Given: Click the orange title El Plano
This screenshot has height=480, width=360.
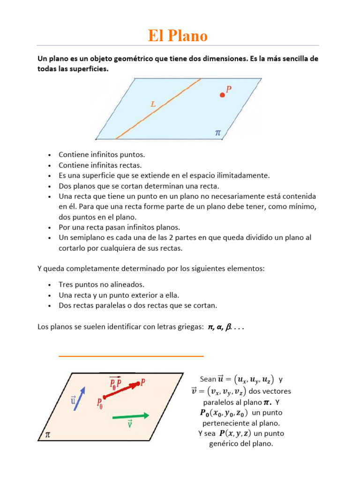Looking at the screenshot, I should (x=178, y=36).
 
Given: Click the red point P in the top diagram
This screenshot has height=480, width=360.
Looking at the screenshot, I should (x=222, y=95).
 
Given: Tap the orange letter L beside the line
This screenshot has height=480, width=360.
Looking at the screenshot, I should (x=153, y=105).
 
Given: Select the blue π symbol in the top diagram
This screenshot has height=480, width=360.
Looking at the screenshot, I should (x=217, y=133).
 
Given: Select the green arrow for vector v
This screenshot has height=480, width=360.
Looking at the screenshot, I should (x=131, y=416).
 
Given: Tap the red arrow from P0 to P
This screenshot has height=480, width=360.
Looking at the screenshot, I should (x=121, y=391).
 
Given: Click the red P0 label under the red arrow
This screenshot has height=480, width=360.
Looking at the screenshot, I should (x=100, y=404).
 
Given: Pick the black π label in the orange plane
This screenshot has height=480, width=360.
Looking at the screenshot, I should (x=47, y=435).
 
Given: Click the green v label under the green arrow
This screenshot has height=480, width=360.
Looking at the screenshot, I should (x=130, y=425).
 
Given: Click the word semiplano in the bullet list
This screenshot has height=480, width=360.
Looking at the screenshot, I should (x=83, y=238).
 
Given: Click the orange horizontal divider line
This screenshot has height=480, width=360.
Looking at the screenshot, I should (x=131, y=356).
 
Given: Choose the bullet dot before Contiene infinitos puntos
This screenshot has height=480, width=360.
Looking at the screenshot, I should (x=49, y=155).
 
